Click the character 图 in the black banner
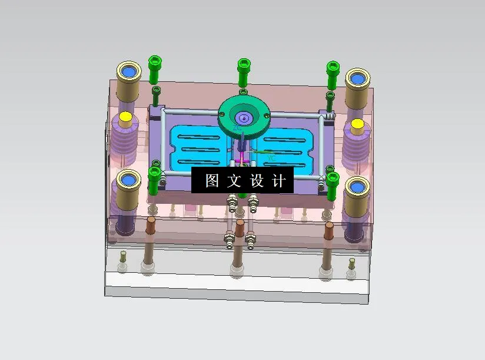pyautogui.click(x=212, y=181)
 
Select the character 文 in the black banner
pyautogui.click(x=234, y=181)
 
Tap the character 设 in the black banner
pyautogui.click(x=257, y=181)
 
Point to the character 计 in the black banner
pyautogui.click(x=280, y=181)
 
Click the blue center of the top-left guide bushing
pyautogui.click(x=129, y=72)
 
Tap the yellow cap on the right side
pyautogui.click(x=357, y=125)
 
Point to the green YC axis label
pyautogui.click(x=270, y=158)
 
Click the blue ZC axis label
pyautogui.click(x=237, y=127)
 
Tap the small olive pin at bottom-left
pyautogui.click(x=123, y=255)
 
